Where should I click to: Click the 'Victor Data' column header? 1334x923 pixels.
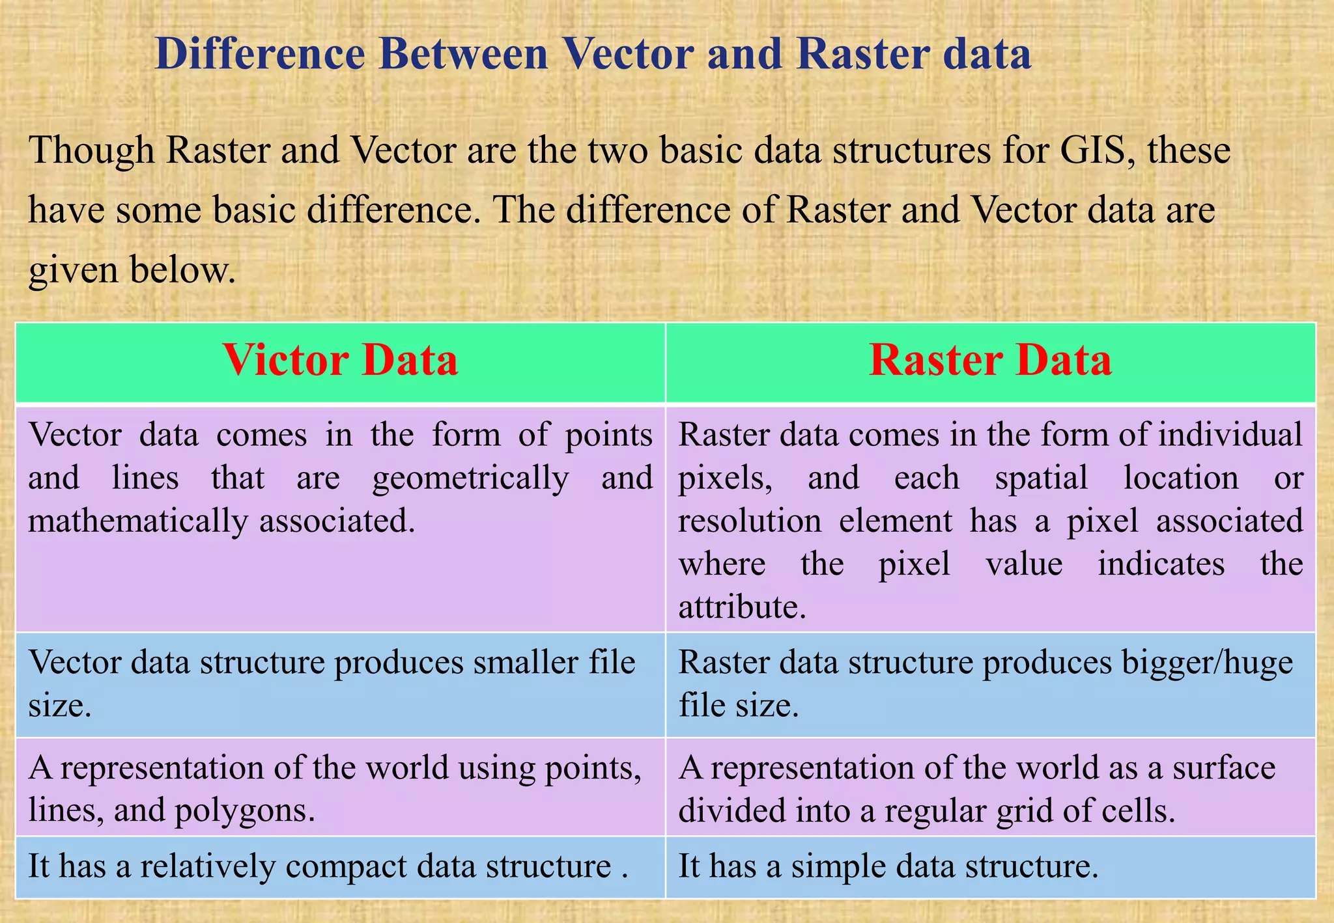click(340, 360)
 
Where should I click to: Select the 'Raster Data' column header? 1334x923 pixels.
click(990, 360)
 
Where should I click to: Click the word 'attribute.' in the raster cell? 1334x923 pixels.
click(743, 607)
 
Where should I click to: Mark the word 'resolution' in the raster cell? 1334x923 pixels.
click(750, 521)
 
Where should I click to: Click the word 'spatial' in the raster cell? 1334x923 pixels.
click(1041, 478)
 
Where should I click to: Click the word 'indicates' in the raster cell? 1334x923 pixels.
click(1161, 564)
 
